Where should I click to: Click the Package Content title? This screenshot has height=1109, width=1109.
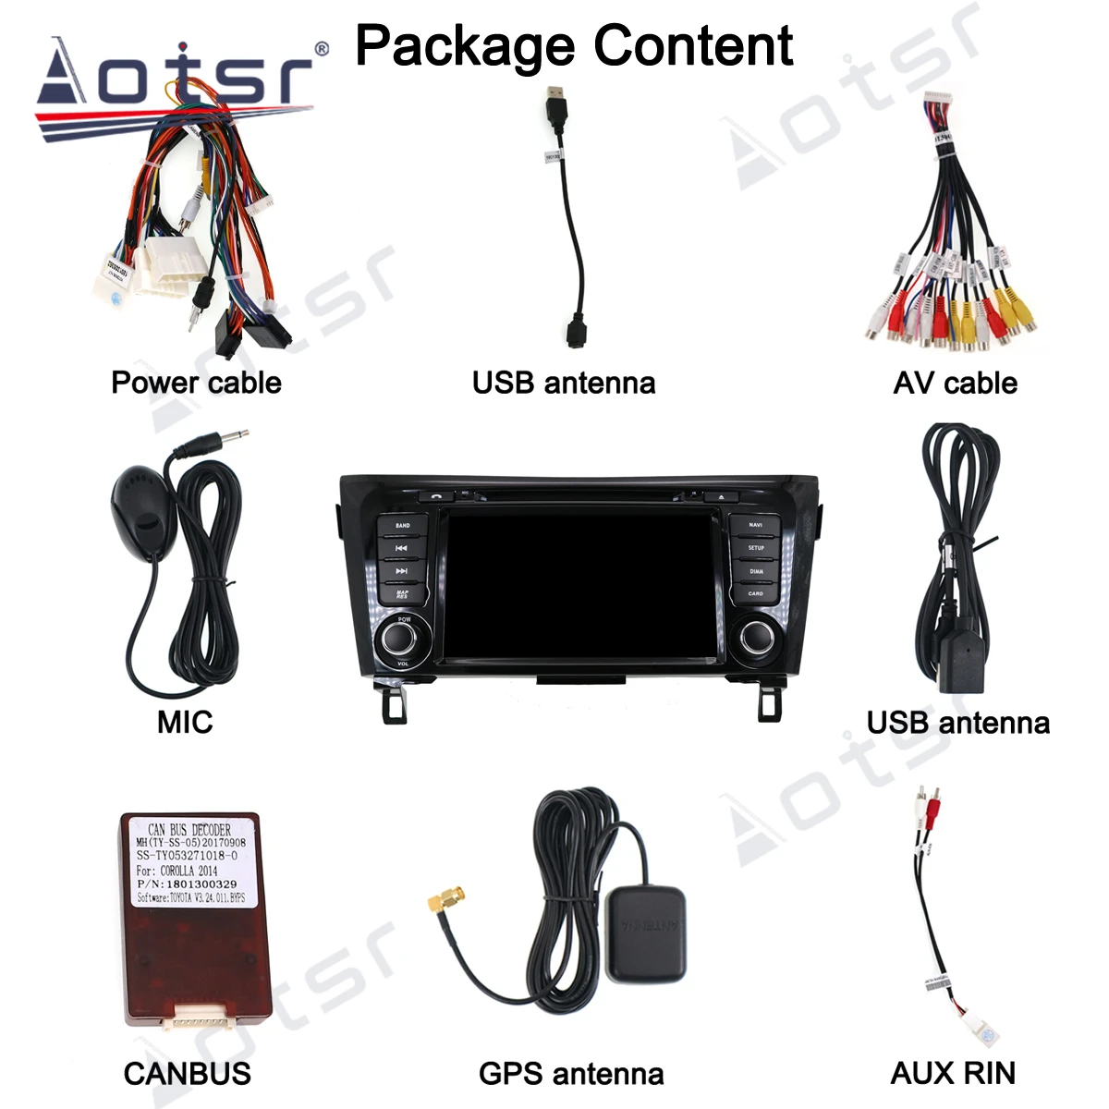pos(574,46)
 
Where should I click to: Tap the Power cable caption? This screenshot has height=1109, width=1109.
pos(196,383)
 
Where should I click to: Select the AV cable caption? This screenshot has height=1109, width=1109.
pos(955,383)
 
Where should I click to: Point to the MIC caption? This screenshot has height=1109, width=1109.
pos(185,722)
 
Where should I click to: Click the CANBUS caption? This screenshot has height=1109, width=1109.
pos(188,1073)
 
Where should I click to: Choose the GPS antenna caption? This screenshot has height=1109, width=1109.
pos(571,1073)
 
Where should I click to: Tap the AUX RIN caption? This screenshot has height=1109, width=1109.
pos(953,1073)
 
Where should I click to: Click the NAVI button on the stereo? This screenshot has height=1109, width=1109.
pos(756,525)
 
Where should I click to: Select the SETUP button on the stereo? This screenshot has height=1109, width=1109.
pos(756,548)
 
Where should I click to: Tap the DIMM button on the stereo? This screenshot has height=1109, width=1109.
pos(756,571)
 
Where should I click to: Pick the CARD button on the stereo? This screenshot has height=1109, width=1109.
pos(756,593)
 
